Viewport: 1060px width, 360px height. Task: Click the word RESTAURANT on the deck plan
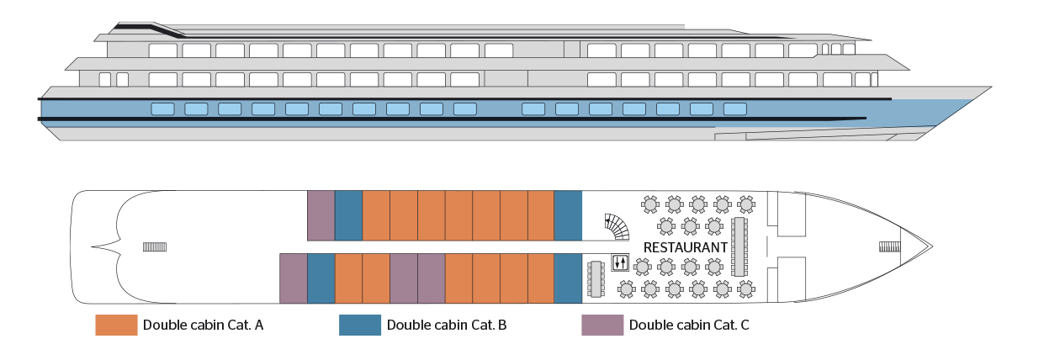click(685, 247)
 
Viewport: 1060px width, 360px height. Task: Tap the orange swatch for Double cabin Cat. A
click(116, 326)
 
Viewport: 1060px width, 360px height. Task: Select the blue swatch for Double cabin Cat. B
click(360, 326)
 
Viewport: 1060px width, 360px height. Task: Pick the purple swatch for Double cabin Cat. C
click(602, 326)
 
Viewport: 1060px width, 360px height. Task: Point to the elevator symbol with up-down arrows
click(620, 262)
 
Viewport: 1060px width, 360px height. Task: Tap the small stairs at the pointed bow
click(889, 246)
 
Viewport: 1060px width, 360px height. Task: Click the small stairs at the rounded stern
click(155, 246)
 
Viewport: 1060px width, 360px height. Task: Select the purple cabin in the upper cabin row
click(321, 215)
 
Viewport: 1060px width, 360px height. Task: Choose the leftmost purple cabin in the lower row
click(293, 278)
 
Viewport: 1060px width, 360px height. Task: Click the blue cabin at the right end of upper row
click(568, 215)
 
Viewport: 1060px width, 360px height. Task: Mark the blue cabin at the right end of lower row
click(568, 278)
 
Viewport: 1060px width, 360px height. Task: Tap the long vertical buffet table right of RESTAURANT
click(739, 246)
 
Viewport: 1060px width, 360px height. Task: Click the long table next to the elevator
click(596, 279)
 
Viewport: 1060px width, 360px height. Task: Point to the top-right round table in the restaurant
click(745, 204)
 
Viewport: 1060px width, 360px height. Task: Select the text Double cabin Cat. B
click(446, 326)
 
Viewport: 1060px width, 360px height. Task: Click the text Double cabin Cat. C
click(689, 326)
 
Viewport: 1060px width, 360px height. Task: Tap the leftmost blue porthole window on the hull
click(162, 109)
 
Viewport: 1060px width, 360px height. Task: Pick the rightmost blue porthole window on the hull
click(734, 109)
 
